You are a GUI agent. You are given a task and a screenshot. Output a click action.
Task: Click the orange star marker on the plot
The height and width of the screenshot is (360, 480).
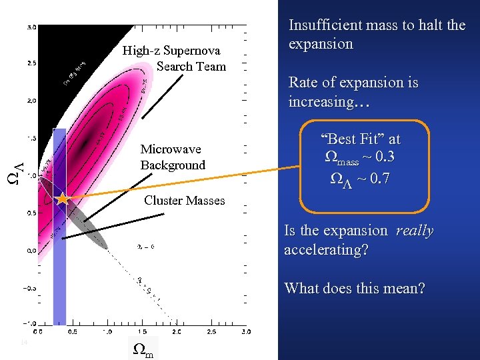[62, 199]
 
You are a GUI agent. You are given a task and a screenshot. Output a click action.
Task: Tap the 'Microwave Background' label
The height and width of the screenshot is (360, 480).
[172, 157]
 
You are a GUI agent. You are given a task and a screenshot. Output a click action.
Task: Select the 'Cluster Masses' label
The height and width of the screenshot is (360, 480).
[184, 201]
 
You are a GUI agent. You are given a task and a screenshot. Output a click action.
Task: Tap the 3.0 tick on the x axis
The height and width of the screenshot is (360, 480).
[245, 331]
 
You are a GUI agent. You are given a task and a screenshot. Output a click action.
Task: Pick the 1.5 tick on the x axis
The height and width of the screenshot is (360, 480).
[141, 331]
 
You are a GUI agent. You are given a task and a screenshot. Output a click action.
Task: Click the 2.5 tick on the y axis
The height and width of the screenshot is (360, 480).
[31, 64]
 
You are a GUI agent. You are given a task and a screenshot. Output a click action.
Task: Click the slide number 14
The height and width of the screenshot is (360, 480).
[23, 343]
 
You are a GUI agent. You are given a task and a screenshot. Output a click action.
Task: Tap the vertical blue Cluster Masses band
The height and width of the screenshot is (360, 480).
[59, 267]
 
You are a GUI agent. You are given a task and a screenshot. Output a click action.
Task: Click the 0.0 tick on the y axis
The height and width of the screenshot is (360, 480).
[31, 251]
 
